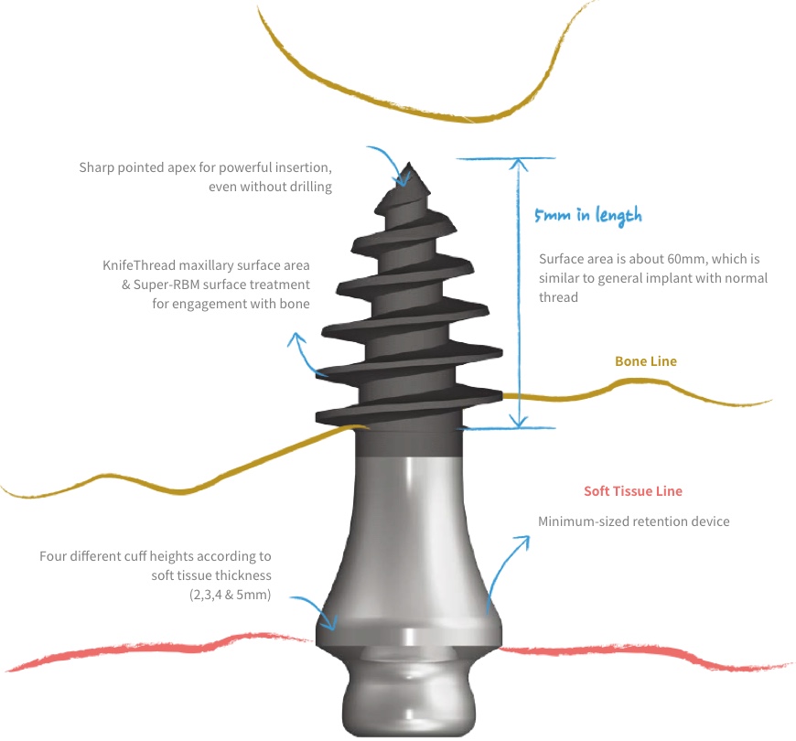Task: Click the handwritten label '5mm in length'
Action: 587,215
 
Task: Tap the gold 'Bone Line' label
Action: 646,361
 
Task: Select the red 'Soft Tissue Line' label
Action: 633,491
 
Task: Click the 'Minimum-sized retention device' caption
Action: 633,521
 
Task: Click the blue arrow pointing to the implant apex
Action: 386,160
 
